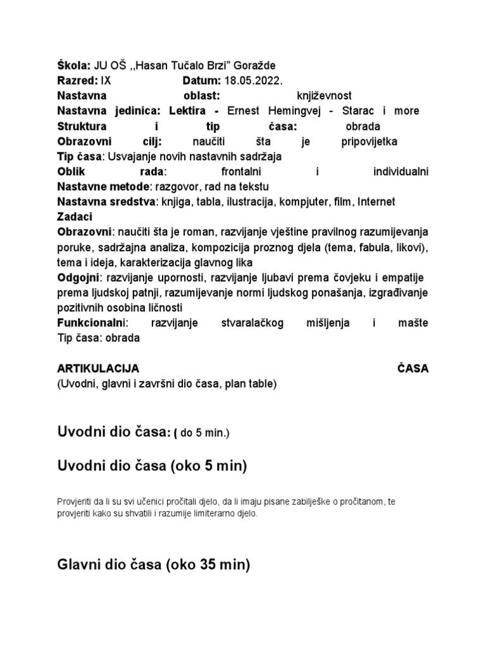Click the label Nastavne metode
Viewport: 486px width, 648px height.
point(103,187)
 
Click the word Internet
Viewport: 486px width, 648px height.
point(376,202)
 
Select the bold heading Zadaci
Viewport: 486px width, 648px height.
point(75,216)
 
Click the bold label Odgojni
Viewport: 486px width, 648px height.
point(78,277)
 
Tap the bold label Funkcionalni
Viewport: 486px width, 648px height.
point(92,323)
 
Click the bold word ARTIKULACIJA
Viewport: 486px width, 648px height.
point(98,368)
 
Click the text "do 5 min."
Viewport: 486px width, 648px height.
point(204,433)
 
